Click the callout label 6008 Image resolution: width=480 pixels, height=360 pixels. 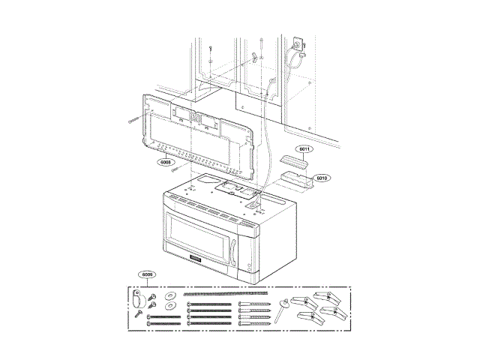(x=165, y=161)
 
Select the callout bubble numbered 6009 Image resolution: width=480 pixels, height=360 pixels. (x=148, y=275)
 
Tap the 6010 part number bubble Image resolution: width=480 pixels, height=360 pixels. (x=322, y=178)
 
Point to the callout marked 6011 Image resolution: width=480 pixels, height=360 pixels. (x=304, y=149)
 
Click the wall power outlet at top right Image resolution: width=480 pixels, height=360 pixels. (x=298, y=46)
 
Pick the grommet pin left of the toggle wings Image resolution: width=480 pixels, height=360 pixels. (x=282, y=307)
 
